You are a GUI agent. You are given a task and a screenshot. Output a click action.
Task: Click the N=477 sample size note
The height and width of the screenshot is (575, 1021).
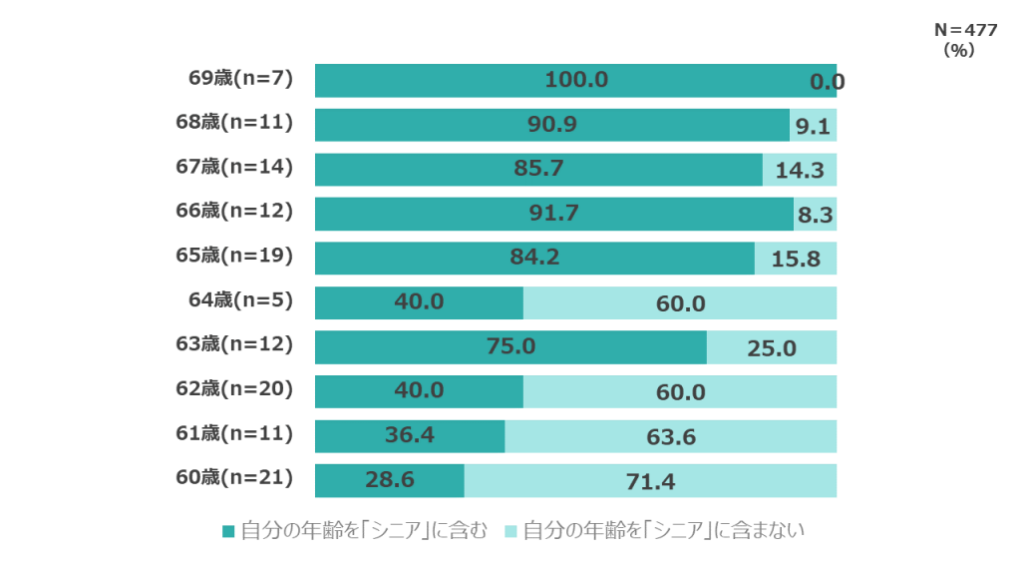pos(964,31)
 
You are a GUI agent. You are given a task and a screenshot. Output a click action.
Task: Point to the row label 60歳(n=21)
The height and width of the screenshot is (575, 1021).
pos(235,477)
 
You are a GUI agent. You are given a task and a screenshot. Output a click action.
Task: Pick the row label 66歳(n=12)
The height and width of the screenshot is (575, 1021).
pos(235,211)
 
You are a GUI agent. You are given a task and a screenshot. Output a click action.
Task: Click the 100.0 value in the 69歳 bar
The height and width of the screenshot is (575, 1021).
pos(576,80)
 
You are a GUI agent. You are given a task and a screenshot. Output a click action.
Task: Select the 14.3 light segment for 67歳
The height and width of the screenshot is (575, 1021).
pos(800,170)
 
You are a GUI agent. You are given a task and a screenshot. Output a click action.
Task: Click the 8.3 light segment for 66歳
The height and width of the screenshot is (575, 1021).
pos(816,214)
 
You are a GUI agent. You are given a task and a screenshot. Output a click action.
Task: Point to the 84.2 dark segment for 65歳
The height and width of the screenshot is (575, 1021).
pos(535,258)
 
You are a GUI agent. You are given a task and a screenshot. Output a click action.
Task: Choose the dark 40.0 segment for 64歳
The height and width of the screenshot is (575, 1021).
pos(419,301)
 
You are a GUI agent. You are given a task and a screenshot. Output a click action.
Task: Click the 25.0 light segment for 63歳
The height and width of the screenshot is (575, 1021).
pos(772,347)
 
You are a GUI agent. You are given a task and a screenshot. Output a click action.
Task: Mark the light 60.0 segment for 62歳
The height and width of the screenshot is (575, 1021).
pos(680,392)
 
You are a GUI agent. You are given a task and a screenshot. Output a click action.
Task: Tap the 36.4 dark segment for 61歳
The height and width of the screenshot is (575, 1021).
pos(410,436)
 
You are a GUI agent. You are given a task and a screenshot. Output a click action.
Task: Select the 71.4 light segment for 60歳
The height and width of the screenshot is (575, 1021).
pos(650,481)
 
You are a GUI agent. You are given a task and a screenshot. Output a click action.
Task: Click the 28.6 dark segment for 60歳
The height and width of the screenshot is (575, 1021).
pos(390,481)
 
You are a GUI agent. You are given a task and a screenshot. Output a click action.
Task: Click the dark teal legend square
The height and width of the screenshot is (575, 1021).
pos(228,531)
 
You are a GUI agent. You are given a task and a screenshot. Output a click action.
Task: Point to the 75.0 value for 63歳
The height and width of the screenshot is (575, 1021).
pos(510,346)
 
